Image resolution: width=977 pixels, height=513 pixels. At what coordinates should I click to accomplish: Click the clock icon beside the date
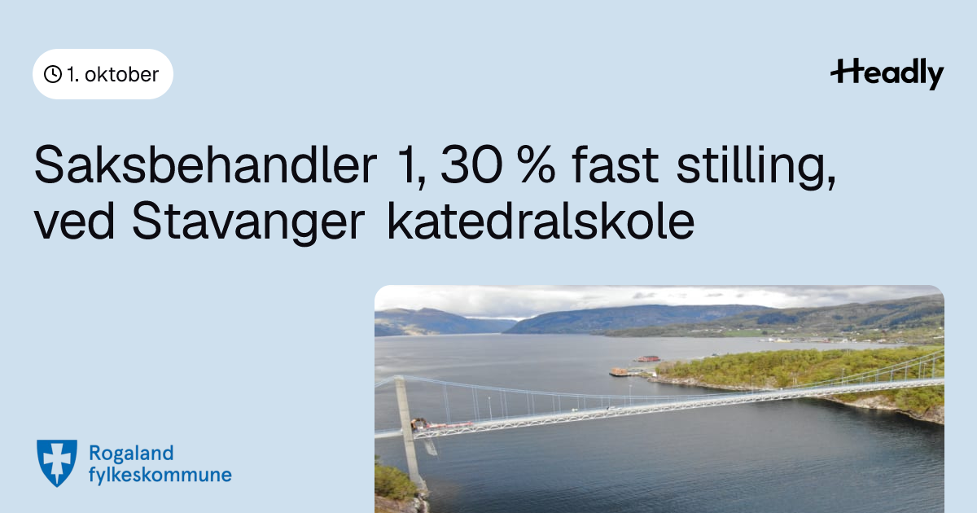point(53,74)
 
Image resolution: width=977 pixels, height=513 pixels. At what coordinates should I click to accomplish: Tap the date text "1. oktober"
point(112,75)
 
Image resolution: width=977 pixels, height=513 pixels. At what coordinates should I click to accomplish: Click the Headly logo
point(887,74)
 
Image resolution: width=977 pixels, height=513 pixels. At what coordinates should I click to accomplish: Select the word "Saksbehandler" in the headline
point(205,165)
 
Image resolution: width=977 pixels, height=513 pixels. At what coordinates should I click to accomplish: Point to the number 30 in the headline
point(471,165)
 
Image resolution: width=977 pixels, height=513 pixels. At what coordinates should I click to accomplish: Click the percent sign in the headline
point(537,165)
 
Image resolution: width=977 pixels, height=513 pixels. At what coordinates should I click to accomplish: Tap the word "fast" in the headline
point(615,164)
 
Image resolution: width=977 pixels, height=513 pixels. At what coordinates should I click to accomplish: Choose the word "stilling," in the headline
point(756,168)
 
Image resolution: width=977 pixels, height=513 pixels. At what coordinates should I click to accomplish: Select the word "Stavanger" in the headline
point(248,222)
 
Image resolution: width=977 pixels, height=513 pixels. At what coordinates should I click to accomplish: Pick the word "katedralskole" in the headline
point(541,220)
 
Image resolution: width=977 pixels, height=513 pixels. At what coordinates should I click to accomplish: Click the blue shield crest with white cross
point(57,463)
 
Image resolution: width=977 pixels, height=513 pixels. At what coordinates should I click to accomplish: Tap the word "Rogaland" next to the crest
point(131,454)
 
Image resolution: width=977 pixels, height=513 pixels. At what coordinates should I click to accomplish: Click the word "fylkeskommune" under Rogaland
point(160,475)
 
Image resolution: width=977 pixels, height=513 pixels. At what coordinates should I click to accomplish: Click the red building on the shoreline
point(648,358)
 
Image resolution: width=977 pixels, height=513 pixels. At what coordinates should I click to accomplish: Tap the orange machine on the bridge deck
point(418,423)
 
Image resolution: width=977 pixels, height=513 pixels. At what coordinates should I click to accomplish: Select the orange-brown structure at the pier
point(620,371)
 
